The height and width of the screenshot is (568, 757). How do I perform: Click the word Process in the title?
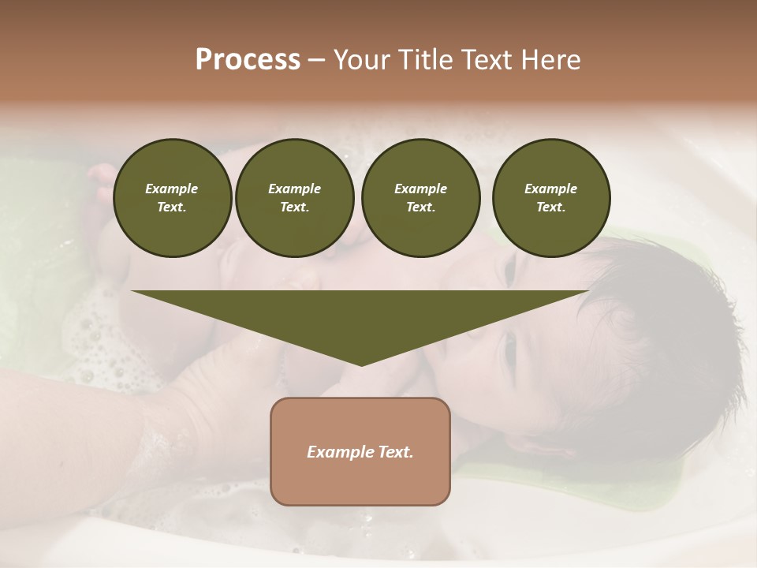point(248,60)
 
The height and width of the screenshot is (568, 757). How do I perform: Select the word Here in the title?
point(550,60)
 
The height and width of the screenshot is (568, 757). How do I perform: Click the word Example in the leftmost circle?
point(172,189)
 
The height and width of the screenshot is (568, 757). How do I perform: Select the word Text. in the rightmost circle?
point(550,207)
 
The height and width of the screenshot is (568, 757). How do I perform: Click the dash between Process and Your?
point(316,60)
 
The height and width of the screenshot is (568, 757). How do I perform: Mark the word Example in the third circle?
point(420,189)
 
